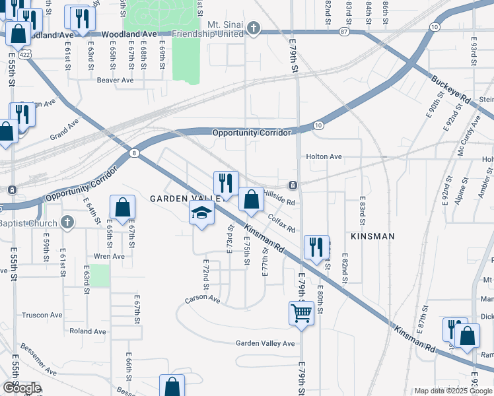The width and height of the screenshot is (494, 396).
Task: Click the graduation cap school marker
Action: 202,213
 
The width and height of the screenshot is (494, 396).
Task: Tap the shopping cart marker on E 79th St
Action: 301,312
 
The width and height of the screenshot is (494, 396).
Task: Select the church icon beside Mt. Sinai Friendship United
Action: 253,28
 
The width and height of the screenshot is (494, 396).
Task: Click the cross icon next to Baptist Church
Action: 66,222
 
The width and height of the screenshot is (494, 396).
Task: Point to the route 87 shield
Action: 344,31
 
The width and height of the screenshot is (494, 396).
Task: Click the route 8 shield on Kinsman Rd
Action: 135,152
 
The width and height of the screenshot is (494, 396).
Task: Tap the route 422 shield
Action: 24,55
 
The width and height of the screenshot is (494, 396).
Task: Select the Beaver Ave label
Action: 115,80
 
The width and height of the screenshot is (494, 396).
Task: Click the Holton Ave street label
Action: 324,156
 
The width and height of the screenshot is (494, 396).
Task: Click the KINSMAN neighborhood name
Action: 372,236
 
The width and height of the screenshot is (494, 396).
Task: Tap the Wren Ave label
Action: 110,256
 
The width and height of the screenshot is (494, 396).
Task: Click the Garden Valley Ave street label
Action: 265,343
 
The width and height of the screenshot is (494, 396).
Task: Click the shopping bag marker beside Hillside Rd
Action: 251,200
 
